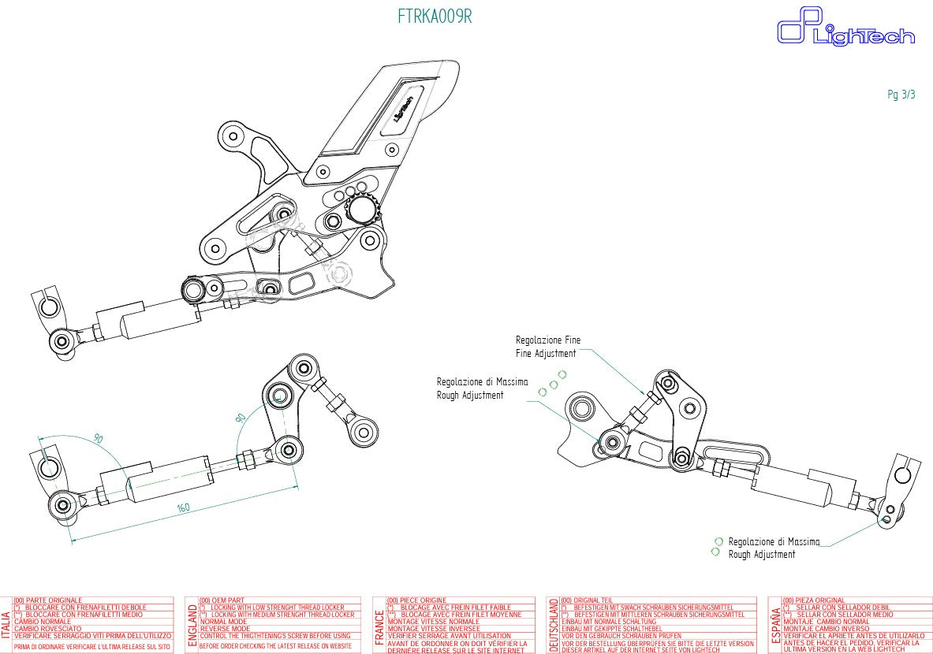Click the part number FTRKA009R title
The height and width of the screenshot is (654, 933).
click(x=435, y=17)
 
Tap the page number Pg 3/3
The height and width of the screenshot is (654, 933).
click(x=901, y=95)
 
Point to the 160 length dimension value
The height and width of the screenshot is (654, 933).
click(x=183, y=508)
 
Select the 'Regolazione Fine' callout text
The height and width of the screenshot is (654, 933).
click(x=548, y=340)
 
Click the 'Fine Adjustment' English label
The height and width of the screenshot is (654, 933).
click(x=546, y=354)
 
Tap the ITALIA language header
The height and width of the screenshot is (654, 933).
click(x=7, y=624)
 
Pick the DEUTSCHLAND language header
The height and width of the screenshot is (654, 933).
click(x=554, y=624)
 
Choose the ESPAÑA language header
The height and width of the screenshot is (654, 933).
click(x=775, y=624)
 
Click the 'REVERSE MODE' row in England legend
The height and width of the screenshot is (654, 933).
click(x=228, y=629)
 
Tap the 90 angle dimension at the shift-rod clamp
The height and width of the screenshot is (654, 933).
click(x=99, y=439)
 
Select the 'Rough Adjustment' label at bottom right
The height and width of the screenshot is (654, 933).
click(x=761, y=555)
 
